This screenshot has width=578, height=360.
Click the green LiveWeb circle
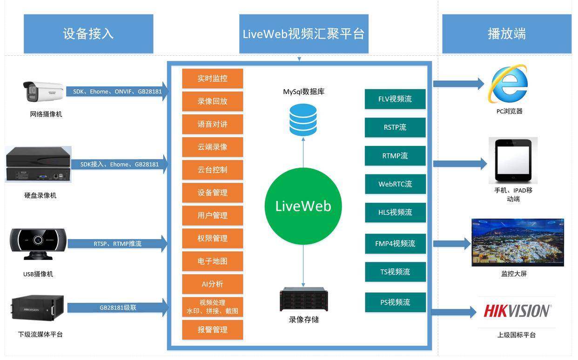coord(303,206)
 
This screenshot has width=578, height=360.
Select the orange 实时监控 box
coord(212,79)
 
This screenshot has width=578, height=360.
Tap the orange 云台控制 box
coord(212,170)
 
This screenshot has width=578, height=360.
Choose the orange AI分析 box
coord(212,284)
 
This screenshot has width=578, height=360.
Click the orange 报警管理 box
coord(212,330)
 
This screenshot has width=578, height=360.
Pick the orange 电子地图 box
coord(212,261)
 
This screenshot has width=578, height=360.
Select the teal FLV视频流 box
coord(395,99)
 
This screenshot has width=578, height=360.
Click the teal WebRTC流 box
coord(395,184)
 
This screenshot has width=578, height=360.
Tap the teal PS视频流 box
coord(395,302)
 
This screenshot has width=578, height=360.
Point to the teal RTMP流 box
coord(395,156)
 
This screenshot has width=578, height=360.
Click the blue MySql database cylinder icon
coord(303,120)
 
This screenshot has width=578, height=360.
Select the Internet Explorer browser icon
coord(508,84)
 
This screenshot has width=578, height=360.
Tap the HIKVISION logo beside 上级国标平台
coord(517,311)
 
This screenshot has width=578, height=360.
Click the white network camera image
coord(44,92)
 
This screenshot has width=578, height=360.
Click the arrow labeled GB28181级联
coord(118,307)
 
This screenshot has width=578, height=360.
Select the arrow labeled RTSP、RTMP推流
coord(118,243)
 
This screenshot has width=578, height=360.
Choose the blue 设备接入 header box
coord(88,33)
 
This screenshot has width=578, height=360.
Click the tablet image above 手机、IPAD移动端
coord(513,160)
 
